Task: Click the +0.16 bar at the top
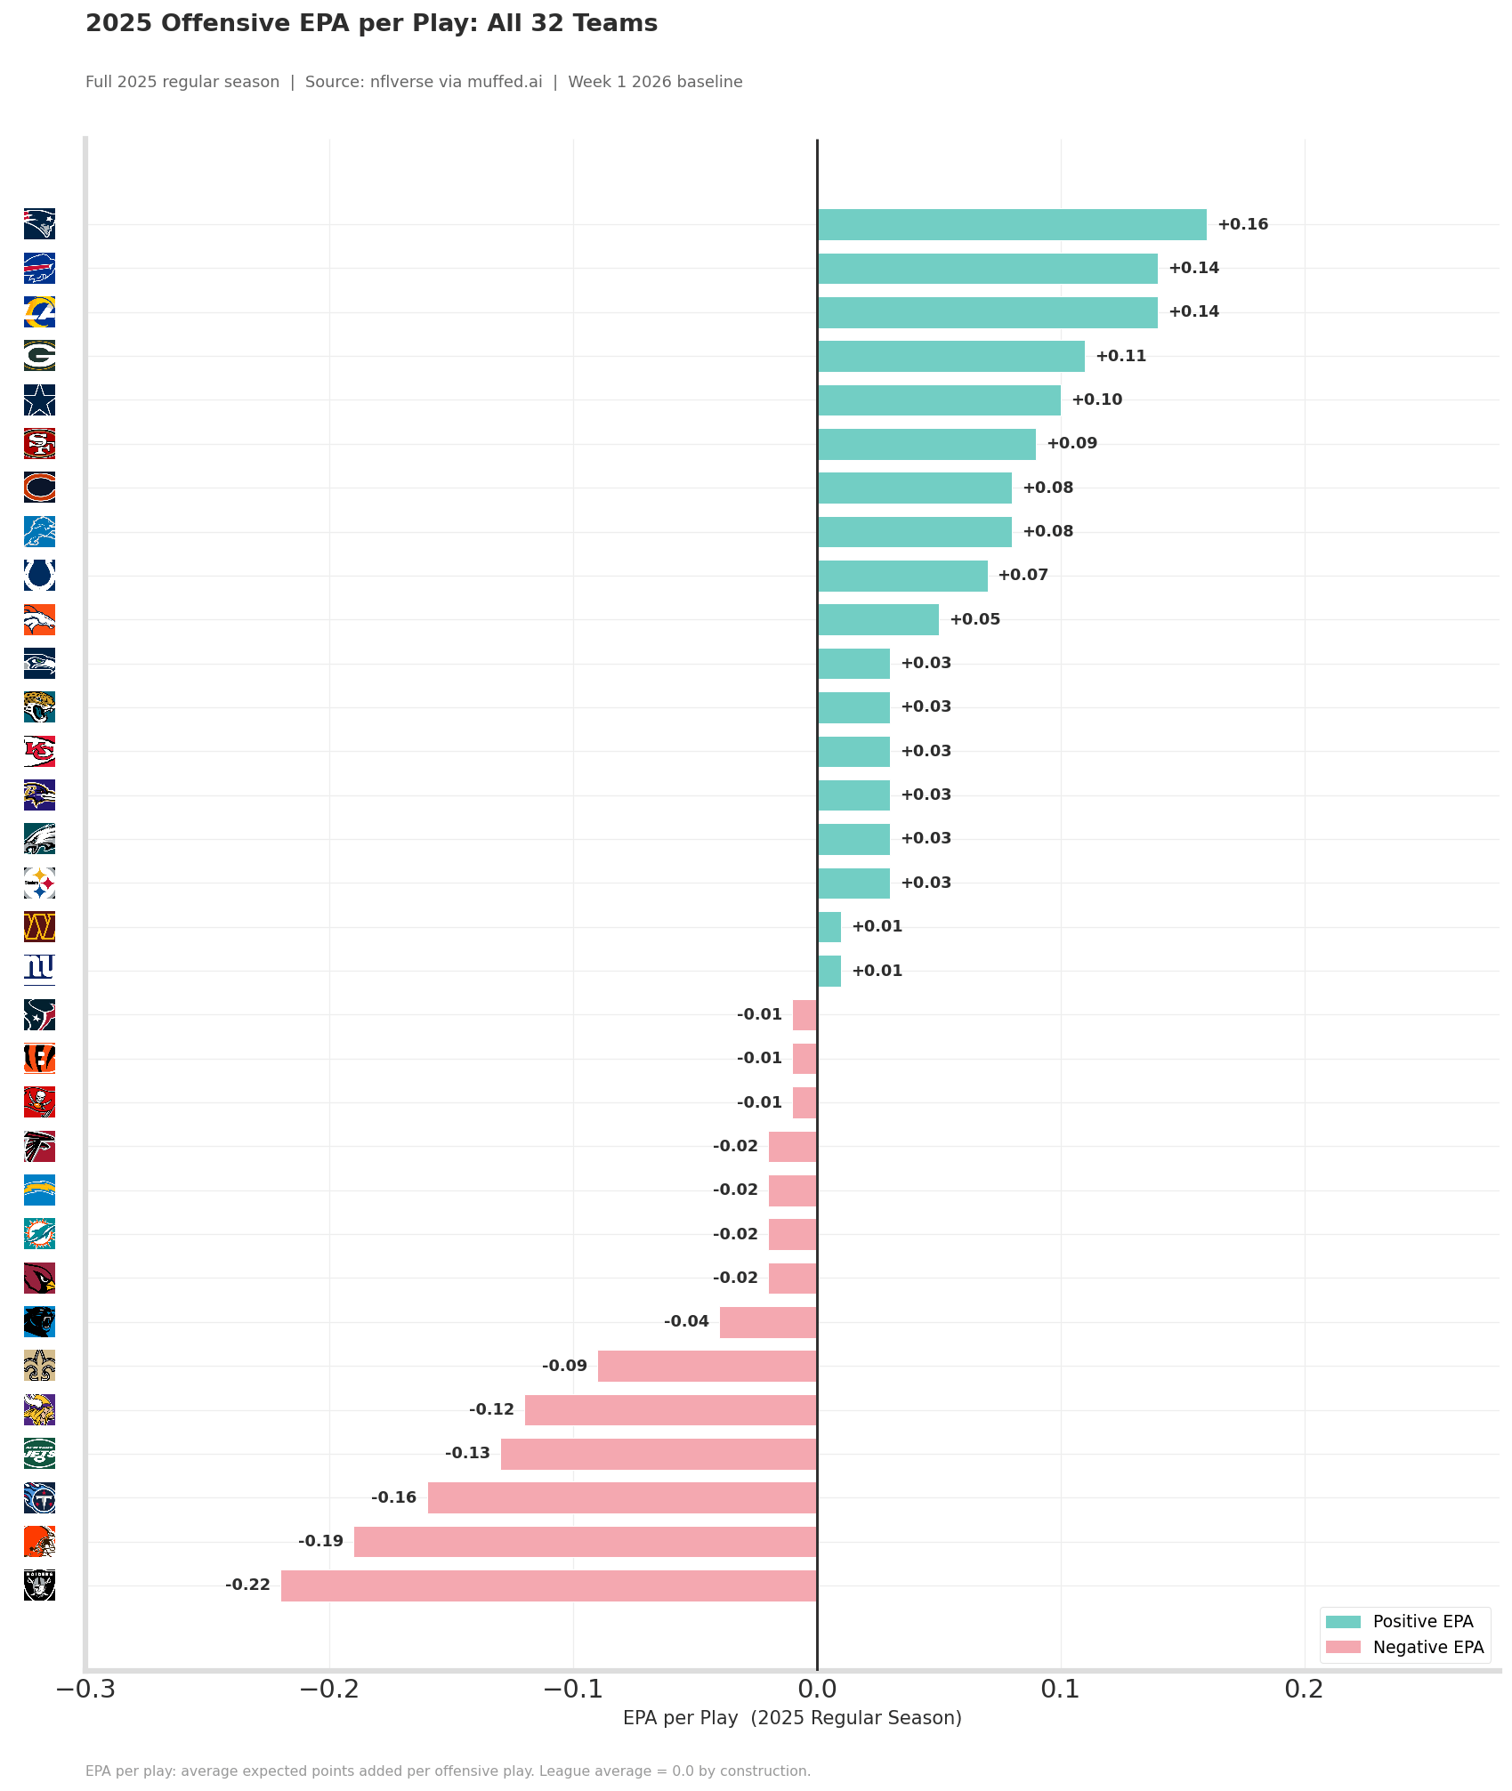(1012, 224)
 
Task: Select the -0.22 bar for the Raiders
(549, 1585)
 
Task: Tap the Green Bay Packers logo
(39, 356)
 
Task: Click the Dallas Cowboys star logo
(39, 399)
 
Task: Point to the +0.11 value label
(1121, 356)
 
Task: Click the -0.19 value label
(320, 1541)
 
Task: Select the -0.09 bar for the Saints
(707, 1366)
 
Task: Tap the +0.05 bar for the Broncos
(878, 619)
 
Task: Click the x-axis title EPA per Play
(792, 1719)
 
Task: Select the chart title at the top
(372, 24)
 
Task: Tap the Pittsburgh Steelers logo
(39, 883)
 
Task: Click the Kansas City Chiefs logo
(39, 751)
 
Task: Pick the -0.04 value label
(686, 1321)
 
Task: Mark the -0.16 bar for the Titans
(622, 1497)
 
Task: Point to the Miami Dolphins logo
(39, 1234)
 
